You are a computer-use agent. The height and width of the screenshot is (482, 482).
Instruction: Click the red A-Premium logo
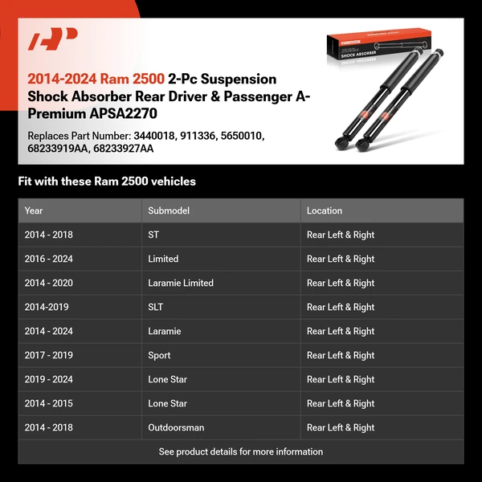coord(52,39)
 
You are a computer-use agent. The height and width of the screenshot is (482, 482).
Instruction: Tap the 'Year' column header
coord(34,210)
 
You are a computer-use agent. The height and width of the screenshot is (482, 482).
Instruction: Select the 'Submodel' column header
coord(168,210)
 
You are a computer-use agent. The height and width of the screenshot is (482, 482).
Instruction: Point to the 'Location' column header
coord(325,210)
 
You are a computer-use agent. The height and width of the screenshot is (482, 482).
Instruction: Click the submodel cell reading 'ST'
coord(153,235)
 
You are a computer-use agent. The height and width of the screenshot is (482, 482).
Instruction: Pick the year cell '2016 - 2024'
coord(48,259)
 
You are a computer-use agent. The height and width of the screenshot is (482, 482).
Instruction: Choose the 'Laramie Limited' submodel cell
coord(181,283)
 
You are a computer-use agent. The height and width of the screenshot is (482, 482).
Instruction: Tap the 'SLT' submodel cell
coord(157,307)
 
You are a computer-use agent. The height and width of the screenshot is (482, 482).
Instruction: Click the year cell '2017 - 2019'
coord(48,355)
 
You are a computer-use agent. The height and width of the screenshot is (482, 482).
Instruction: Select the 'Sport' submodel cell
coord(159,355)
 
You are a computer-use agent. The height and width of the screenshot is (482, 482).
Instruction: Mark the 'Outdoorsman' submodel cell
coord(176,427)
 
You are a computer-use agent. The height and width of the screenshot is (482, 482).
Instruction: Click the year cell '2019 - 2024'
coord(48,379)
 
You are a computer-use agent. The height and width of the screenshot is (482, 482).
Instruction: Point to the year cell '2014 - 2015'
coord(48,403)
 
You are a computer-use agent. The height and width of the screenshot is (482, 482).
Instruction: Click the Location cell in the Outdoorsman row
coord(341,427)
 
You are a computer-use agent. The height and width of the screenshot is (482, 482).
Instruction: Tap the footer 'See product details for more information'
coord(241,451)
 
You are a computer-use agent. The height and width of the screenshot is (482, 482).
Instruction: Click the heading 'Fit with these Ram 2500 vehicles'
coord(107,182)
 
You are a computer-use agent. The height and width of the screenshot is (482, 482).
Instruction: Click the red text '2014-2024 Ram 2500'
coord(96,80)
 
